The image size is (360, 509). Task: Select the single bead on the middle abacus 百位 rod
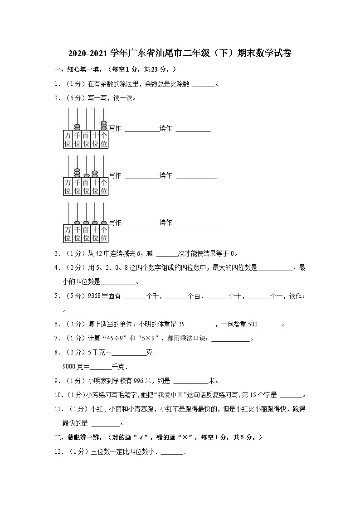pos(86,175)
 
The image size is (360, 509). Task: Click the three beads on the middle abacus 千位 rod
pos(77,172)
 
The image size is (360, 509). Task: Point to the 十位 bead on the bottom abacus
pos(95,223)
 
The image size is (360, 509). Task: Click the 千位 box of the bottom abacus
pos(77,233)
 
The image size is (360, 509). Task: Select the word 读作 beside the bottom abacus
pos(165,223)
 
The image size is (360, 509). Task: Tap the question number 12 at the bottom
pos(58,451)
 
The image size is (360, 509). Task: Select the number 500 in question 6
pos(253,324)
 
